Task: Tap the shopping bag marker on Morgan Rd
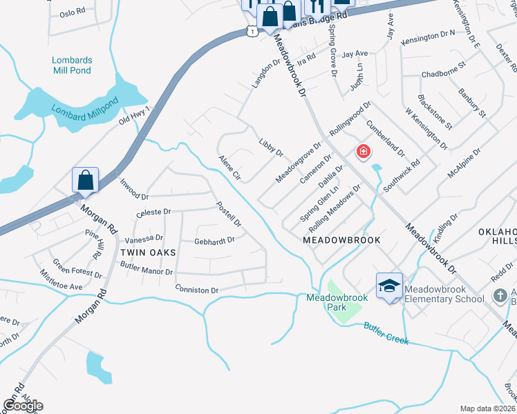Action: click(x=86, y=181)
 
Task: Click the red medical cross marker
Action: click(x=362, y=152)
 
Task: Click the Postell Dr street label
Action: click(x=227, y=215)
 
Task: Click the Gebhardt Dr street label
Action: click(x=214, y=241)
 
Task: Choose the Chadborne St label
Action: click(x=444, y=73)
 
